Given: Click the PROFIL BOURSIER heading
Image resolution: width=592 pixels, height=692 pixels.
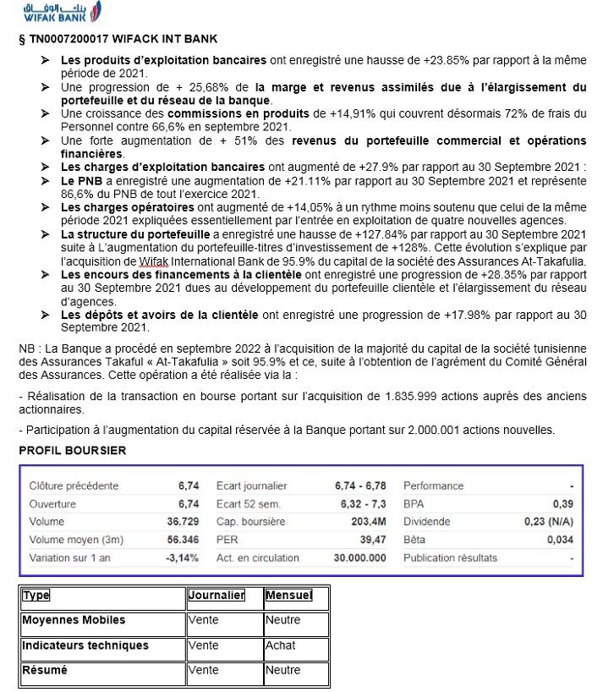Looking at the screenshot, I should pyautogui.click(x=72, y=451).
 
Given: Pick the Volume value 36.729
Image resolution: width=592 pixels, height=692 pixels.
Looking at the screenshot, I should pyautogui.click(x=184, y=522).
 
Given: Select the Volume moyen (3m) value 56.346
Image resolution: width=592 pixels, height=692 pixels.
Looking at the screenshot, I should pyautogui.click(x=184, y=540).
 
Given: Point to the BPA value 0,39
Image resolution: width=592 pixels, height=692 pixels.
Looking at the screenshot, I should pyautogui.click(x=562, y=504).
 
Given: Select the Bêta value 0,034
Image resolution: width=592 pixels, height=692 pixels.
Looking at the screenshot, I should pyautogui.click(x=559, y=540).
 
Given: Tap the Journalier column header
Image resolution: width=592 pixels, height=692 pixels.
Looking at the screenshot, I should pyautogui.click(x=217, y=596).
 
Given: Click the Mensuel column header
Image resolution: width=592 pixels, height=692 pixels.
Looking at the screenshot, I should pyautogui.click(x=288, y=596).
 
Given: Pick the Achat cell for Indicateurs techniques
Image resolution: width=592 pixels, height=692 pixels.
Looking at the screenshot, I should pyautogui.click(x=281, y=645).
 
